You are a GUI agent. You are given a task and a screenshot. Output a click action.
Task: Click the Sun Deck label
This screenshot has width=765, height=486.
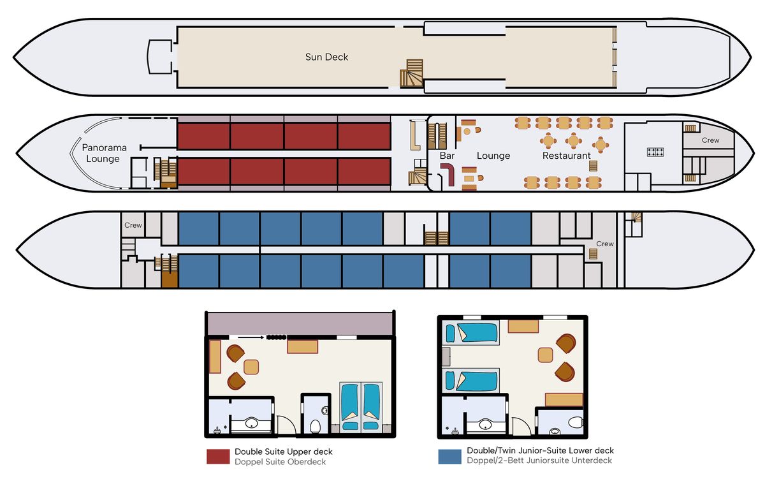pyautogui.click(x=326, y=57)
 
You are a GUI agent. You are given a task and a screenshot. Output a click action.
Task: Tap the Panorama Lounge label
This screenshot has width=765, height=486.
pyautogui.click(x=104, y=153)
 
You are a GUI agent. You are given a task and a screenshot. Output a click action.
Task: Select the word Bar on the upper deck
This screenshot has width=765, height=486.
pyautogui.click(x=447, y=156)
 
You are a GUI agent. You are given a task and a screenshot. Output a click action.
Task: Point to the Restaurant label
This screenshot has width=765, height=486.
pyautogui.click(x=566, y=156)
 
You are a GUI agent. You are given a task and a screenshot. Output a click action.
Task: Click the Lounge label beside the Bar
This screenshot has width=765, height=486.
pyautogui.click(x=493, y=156)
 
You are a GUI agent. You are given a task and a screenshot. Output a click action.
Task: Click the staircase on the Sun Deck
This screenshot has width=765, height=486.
pyautogui.click(x=412, y=73)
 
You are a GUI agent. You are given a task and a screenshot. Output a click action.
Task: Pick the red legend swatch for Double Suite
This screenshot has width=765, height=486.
pyautogui.click(x=218, y=457)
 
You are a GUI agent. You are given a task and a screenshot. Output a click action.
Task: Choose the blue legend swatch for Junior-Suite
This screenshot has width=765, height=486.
pyautogui.click(x=449, y=457)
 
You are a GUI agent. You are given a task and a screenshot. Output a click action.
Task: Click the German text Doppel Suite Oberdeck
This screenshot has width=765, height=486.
pyautogui.click(x=280, y=462)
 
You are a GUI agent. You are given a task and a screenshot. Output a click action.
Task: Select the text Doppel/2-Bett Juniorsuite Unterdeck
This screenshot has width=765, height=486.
pyautogui.click(x=539, y=460)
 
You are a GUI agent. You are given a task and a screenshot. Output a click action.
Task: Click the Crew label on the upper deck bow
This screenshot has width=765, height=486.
pyautogui.click(x=710, y=140)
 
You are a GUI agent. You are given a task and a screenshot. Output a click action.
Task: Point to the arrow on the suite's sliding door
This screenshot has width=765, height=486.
pyautogui.click(x=251, y=337)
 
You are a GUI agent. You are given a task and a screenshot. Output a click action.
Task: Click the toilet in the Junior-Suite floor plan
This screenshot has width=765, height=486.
pyautogui.click(x=576, y=422)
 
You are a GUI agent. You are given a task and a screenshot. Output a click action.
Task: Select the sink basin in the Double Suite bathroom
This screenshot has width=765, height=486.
pyautogui.click(x=251, y=423)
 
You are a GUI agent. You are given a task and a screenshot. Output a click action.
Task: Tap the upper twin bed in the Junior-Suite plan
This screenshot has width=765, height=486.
pyautogui.click(x=471, y=333)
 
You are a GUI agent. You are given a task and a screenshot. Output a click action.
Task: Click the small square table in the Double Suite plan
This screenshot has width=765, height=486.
pyautogui.click(x=251, y=367)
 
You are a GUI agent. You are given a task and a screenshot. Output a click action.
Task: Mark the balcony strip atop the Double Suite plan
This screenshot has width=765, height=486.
pyautogui.click(x=300, y=324)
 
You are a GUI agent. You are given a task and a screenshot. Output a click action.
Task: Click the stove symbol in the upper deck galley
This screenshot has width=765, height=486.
pyautogui.click(x=655, y=152)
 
